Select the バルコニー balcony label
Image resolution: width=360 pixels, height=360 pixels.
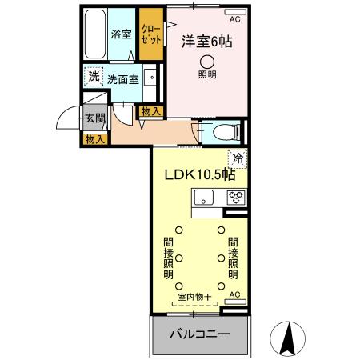(x=199, y=333)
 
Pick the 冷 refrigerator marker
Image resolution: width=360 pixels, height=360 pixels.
(x=238, y=157)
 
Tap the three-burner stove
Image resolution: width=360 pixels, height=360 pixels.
(x=236, y=198)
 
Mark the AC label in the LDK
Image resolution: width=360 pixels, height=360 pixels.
(x=234, y=295)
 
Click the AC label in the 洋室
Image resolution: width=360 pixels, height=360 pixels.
(x=234, y=18)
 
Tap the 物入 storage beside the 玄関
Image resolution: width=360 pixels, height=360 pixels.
(x=94, y=139)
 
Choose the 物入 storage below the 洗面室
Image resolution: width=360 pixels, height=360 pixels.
(x=150, y=111)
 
